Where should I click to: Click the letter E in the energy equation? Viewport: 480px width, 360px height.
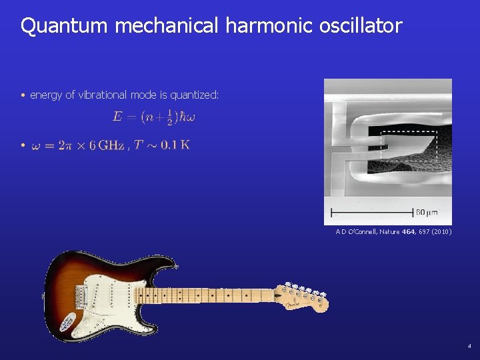tap(117, 117)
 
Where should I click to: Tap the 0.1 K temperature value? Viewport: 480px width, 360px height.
tap(175, 145)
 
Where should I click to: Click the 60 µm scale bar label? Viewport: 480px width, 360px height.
tap(427, 212)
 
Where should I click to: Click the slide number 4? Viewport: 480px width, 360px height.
tap(469, 347)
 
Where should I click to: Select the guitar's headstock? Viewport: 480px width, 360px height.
tap(303, 297)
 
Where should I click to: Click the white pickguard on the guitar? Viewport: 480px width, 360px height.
tap(117, 297)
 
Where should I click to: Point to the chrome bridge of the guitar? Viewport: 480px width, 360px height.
tap(85, 294)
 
